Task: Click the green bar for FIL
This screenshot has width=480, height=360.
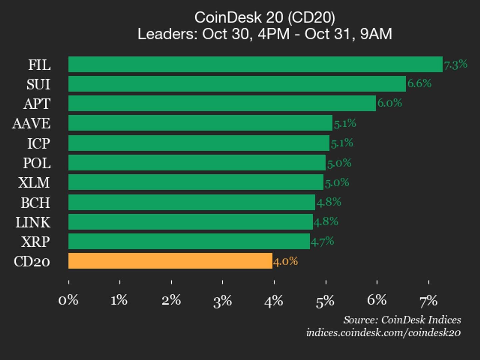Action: click(255, 64)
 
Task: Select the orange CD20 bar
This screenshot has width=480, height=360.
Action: click(170, 261)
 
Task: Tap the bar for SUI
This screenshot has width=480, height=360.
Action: click(237, 84)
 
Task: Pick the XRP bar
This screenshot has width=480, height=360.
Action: click(189, 241)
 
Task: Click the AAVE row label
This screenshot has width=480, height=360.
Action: click(31, 123)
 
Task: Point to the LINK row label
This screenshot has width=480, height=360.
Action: click(33, 222)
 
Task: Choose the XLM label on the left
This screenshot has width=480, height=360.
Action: click(34, 183)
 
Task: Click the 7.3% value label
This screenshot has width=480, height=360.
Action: click(455, 64)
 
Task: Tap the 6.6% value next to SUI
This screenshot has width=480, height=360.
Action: click(419, 83)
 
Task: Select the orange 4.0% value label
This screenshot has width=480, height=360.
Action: click(285, 261)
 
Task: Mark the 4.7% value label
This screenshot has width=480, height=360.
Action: click(322, 241)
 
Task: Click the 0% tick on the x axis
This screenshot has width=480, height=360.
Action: click(68, 300)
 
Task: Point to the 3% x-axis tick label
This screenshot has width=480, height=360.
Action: click(222, 301)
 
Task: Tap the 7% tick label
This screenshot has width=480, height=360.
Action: click(428, 301)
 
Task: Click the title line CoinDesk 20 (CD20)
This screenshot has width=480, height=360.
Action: click(265, 17)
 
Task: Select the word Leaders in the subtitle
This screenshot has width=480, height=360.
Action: click(168, 34)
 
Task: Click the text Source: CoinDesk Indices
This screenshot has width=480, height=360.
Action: click(402, 320)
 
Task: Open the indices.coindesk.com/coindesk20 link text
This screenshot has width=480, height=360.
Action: click(383, 333)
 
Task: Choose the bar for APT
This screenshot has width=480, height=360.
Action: click(222, 103)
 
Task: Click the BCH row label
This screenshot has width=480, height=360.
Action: click(35, 203)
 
